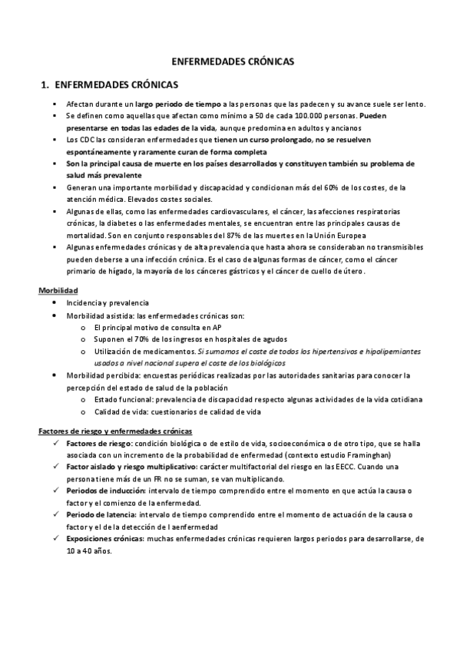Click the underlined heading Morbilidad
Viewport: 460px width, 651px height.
point(59,291)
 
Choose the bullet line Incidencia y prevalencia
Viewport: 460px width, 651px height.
point(108,303)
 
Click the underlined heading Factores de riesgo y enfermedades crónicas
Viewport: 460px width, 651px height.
point(115,431)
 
